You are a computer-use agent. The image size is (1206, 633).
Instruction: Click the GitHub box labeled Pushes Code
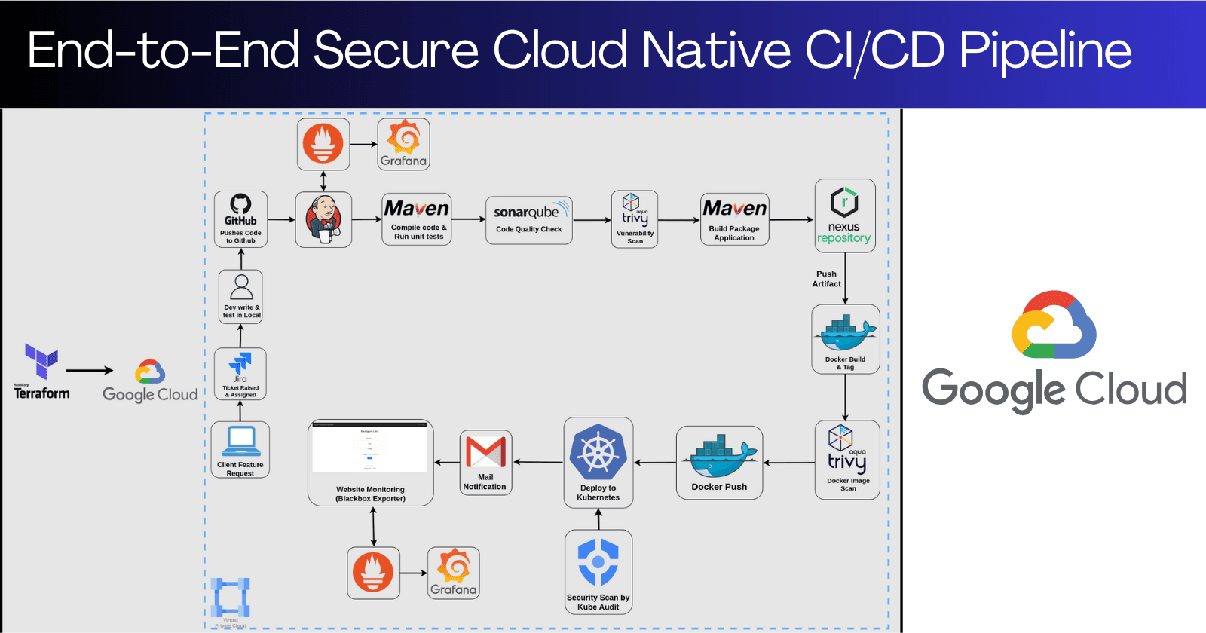pos(240,219)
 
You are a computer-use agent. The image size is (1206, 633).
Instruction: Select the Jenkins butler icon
pos(323,219)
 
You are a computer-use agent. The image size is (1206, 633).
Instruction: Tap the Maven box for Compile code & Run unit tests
pos(418,219)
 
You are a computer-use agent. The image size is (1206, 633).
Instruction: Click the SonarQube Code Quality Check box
pos(528,220)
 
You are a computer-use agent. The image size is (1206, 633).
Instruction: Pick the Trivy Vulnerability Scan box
pos(635,219)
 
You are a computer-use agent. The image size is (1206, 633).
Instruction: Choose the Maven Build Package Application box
pos(734,219)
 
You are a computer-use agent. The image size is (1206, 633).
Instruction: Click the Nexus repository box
pos(844,216)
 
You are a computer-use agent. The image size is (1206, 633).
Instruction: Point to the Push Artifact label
pos(826,279)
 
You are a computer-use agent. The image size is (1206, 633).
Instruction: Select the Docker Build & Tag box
pos(845,339)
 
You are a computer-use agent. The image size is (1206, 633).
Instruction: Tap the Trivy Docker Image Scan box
pos(847,460)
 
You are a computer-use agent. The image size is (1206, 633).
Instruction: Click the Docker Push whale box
pos(719,462)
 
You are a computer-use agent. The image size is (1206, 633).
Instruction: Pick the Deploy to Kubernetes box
pos(598,462)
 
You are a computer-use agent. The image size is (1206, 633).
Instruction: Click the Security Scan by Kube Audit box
pos(598,571)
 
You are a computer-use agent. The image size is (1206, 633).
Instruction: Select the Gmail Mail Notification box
pos(485,462)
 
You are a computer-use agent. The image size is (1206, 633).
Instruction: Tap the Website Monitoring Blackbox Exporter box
pos(370,462)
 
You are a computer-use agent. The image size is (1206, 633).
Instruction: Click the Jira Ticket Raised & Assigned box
pos(240,374)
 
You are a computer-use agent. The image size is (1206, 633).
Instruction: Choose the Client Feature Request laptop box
pos(240,449)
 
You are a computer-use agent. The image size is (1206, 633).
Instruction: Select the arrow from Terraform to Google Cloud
pos(89,370)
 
